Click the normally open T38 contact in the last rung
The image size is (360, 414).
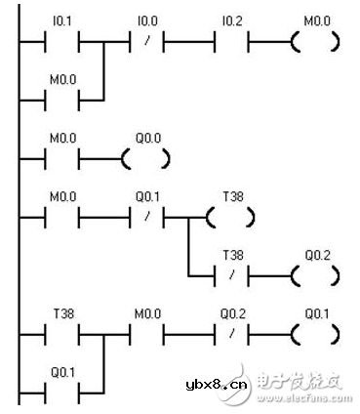click(63, 336)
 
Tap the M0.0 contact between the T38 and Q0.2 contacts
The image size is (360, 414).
click(147, 336)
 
